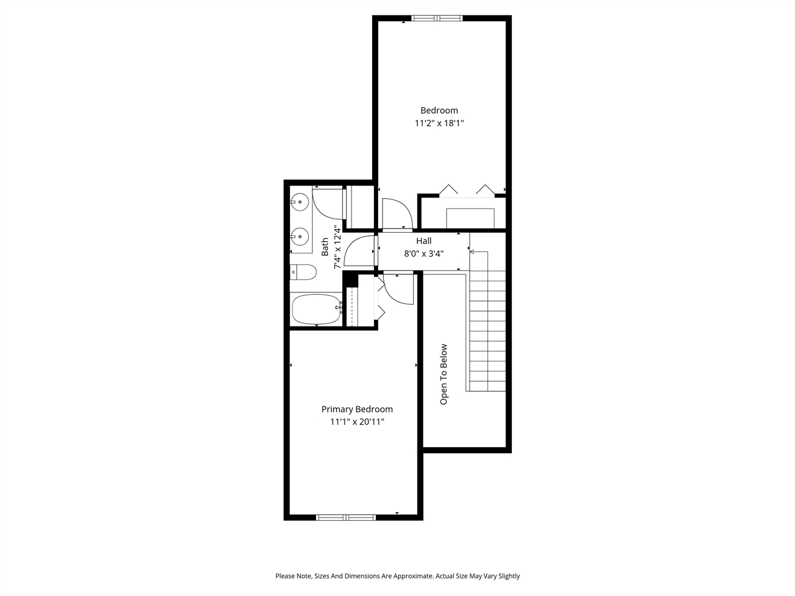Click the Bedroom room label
click(439, 111)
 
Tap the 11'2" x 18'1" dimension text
click(439, 124)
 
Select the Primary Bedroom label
click(357, 409)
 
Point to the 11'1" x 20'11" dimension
click(357, 422)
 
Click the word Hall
click(424, 241)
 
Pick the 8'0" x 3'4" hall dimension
click(424, 253)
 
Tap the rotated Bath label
click(325, 247)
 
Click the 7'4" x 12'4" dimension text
click(338, 247)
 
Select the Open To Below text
click(443, 374)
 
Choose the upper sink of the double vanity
click(301, 202)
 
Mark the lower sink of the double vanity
click(301, 236)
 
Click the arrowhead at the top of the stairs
click(472, 251)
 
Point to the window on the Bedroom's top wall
click(438, 18)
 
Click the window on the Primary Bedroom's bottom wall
click(346, 517)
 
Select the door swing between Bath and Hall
click(359, 251)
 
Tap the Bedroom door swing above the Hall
click(396, 214)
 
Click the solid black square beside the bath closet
click(350, 281)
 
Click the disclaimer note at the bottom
click(397, 576)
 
